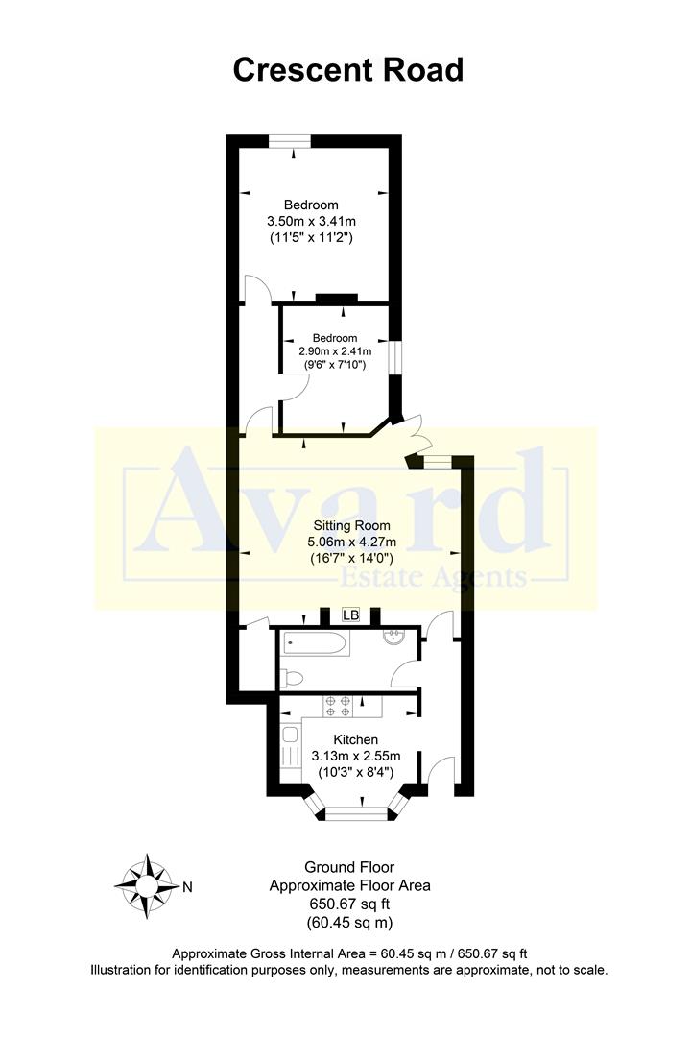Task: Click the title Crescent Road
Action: [348, 70]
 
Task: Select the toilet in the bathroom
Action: [295, 679]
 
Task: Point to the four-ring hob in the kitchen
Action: [338, 706]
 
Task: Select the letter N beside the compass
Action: [187, 887]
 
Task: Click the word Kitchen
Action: [355, 739]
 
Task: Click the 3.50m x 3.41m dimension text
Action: [311, 221]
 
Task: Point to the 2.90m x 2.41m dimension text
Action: [335, 351]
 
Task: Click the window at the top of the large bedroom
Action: [289, 141]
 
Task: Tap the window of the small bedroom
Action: [394, 355]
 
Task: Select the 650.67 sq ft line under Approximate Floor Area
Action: [349, 904]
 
